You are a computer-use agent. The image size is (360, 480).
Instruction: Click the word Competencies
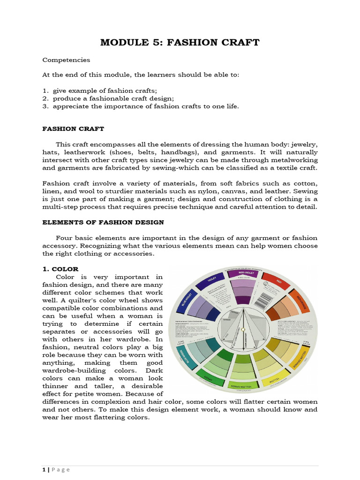pyautogui.click(x=66, y=60)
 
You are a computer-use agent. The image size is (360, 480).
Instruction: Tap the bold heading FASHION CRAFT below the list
pyautogui.click(x=73, y=128)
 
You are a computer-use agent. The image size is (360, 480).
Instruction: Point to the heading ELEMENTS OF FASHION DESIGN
pyautogui.click(x=103, y=222)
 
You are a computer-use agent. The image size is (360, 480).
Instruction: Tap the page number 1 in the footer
pyautogui.click(x=44, y=470)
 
